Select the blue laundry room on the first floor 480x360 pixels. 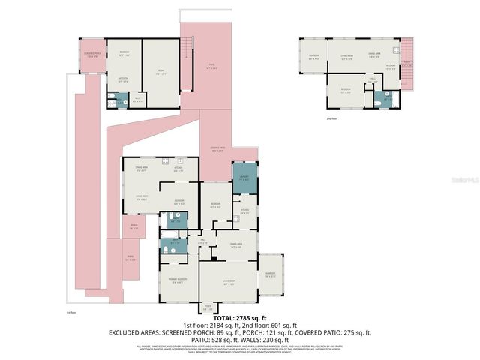pos(244,179)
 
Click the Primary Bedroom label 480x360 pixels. pos(177,283)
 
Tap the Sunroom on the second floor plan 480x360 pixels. pos(313,57)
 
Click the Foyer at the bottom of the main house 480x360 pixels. pos(208,307)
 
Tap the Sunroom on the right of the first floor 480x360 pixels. pos(270,274)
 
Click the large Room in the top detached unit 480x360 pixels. pos(160,73)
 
